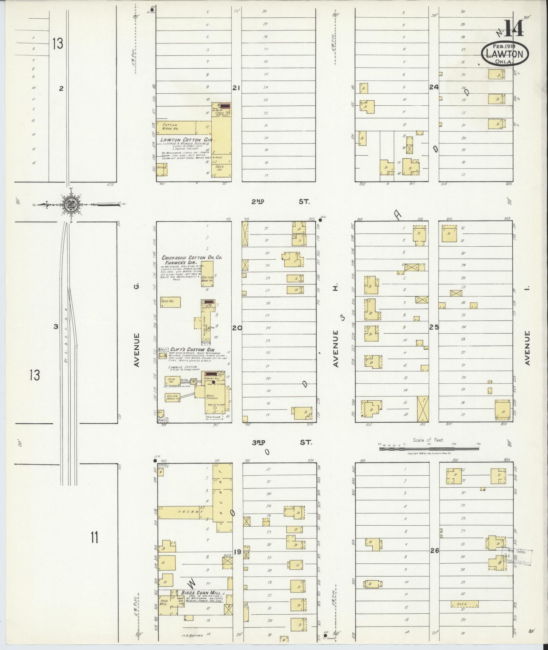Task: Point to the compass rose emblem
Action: pos(71,205)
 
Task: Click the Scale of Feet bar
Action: pos(429,449)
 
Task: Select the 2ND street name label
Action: pos(258,201)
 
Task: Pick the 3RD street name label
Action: pos(259,442)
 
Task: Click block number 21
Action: pos(236,88)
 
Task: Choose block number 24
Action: pos(434,87)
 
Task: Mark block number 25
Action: pos(434,328)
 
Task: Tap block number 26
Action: pos(435,551)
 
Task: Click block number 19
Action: pos(237,552)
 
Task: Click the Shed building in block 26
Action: pos(464,604)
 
